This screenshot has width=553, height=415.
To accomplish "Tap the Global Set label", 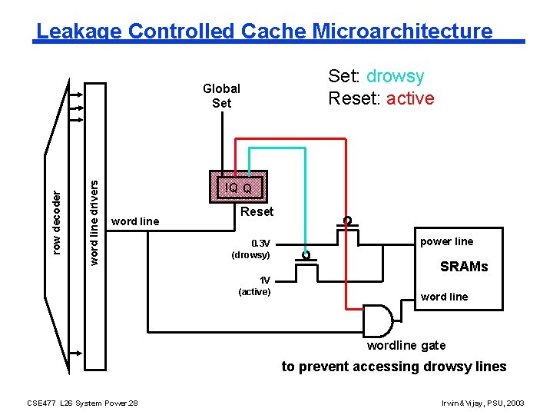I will point(221,95).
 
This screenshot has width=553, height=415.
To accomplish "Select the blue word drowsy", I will point(395,76).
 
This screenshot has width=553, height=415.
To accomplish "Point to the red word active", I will point(410,98).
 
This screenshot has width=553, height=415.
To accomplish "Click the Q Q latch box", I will point(238,187).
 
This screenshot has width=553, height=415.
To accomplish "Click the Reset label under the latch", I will point(257,212).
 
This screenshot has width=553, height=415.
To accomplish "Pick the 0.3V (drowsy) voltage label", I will point(251,248).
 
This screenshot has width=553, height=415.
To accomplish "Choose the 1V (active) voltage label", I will point(254,286).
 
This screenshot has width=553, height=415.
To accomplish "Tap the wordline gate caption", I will point(406,345).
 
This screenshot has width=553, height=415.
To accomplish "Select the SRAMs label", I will point(463,267).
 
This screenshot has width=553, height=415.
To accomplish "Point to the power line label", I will point(447,241).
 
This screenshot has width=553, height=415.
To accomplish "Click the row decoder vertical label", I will point(55,221).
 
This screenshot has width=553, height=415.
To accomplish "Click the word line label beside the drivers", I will point(135,221).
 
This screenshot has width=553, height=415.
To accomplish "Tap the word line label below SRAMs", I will point(444,297).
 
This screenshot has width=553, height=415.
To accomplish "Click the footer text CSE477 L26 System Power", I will point(82,403).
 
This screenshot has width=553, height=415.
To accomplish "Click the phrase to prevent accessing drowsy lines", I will point(393,367).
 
